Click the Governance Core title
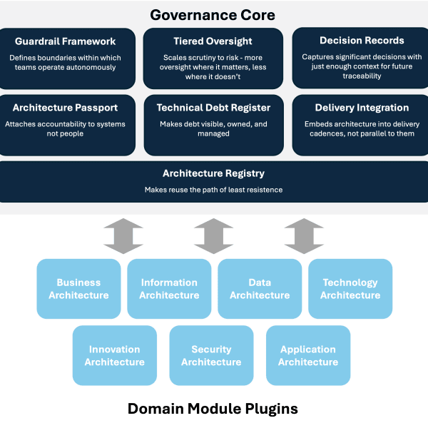click(x=212, y=15)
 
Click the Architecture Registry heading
click(x=213, y=173)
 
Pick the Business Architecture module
click(x=78, y=288)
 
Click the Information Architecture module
click(x=169, y=288)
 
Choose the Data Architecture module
click(x=260, y=288)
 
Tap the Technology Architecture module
click(x=350, y=288)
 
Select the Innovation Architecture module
click(x=114, y=355)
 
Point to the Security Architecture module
click(x=211, y=355)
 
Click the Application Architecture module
click(x=308, y=355)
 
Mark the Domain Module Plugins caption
click(x=213, y=409)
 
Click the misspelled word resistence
click(x=263, y=190)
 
